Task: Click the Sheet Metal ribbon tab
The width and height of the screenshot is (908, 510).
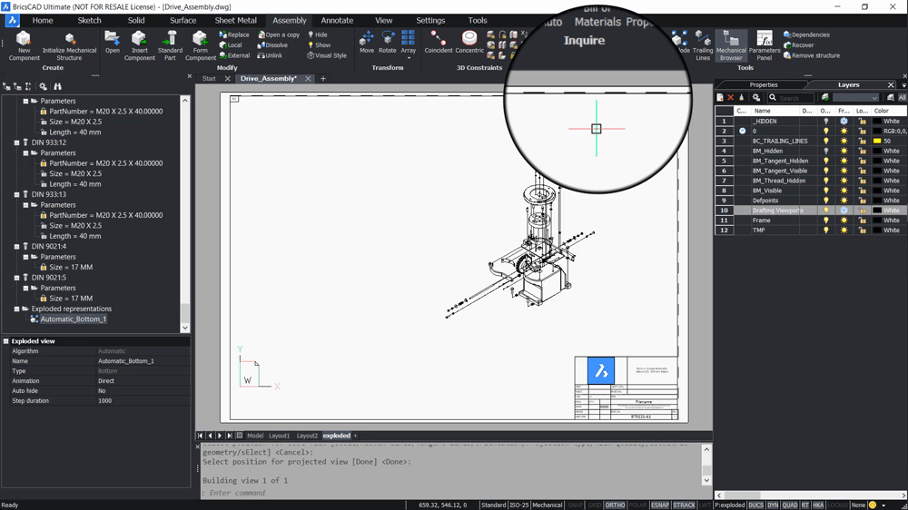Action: (235, 20)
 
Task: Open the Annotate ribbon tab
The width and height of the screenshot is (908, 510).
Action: (337, 20)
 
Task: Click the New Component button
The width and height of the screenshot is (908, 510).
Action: (24, 45)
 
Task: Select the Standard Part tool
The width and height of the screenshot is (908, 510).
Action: (170, 45)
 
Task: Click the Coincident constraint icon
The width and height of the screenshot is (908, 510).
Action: (439, 43)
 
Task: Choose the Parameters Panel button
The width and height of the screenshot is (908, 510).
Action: (765, 45)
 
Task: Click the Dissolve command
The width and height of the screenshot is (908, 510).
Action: (272, 45)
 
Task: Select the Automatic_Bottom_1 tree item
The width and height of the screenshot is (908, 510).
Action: (73, 319)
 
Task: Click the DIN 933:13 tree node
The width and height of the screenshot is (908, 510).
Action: (49, 194)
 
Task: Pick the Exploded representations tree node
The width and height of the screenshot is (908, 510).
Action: (72, 309)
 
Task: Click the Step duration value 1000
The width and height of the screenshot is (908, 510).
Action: (105, 400)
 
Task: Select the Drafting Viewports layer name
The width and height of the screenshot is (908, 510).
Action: (777, 211)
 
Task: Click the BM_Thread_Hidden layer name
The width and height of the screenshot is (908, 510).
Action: (779, 181)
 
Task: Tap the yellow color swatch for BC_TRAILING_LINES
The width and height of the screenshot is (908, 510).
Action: (877, 141)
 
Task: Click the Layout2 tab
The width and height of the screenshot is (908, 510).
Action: (307, 436)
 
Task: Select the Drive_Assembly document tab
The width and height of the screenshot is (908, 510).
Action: (269, 79)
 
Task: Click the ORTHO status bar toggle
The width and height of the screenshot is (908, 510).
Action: (615, 505)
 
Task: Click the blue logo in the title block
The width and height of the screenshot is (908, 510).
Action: (600, 370)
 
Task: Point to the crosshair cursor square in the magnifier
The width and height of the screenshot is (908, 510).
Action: (597, 129)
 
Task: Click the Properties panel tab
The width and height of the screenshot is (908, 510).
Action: (763, 85)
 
